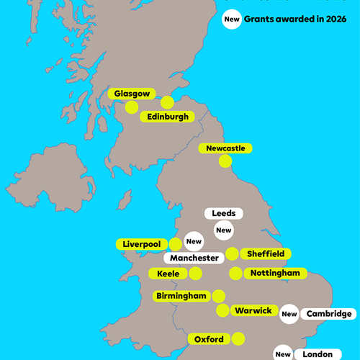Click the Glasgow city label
point(132,94)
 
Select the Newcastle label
point(225,148)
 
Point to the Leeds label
point(224,214)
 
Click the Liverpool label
point(142,244)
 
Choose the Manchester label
point(194,258)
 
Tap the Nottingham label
point(276,274)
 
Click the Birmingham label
point(181,296)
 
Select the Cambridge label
point(328,314)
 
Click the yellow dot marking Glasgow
point(132,107)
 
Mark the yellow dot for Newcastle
point(226,162)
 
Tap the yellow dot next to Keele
point(195,274)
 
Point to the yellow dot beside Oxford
point(238,338)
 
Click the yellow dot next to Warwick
point(222,310)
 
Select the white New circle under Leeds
point(224,230)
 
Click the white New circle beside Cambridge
point(289,314)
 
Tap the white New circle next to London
point(283,354)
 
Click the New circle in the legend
point(232,20)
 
